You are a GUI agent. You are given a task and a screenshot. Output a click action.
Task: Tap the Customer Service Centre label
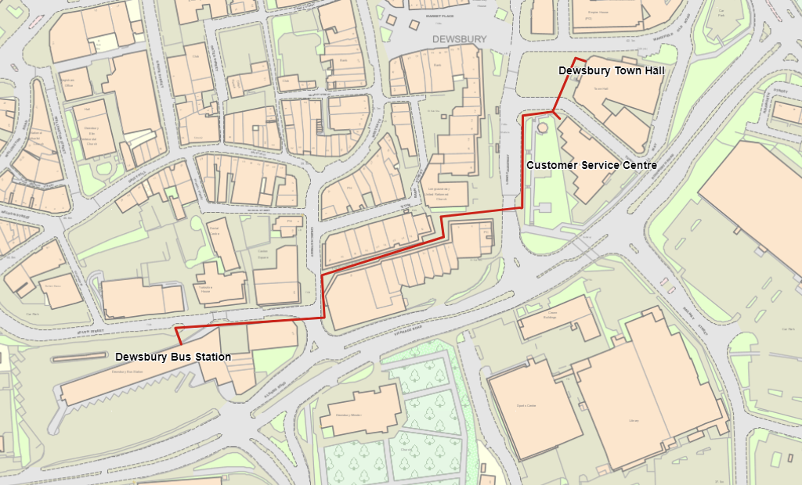coord(591,166)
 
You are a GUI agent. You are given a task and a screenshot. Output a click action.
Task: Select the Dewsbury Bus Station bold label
coord(173,357)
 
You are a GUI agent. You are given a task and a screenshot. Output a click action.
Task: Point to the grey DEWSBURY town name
coord(459,38)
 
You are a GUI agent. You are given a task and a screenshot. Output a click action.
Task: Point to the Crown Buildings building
coord(552,316)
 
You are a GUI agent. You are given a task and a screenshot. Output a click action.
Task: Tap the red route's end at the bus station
coord(179,344)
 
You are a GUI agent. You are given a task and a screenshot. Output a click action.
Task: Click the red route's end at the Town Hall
coord(586,59)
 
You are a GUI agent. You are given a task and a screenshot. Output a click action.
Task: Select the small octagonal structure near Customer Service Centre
coord(542,125)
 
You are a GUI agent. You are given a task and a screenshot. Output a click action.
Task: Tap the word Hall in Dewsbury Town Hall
coord(653,70)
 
